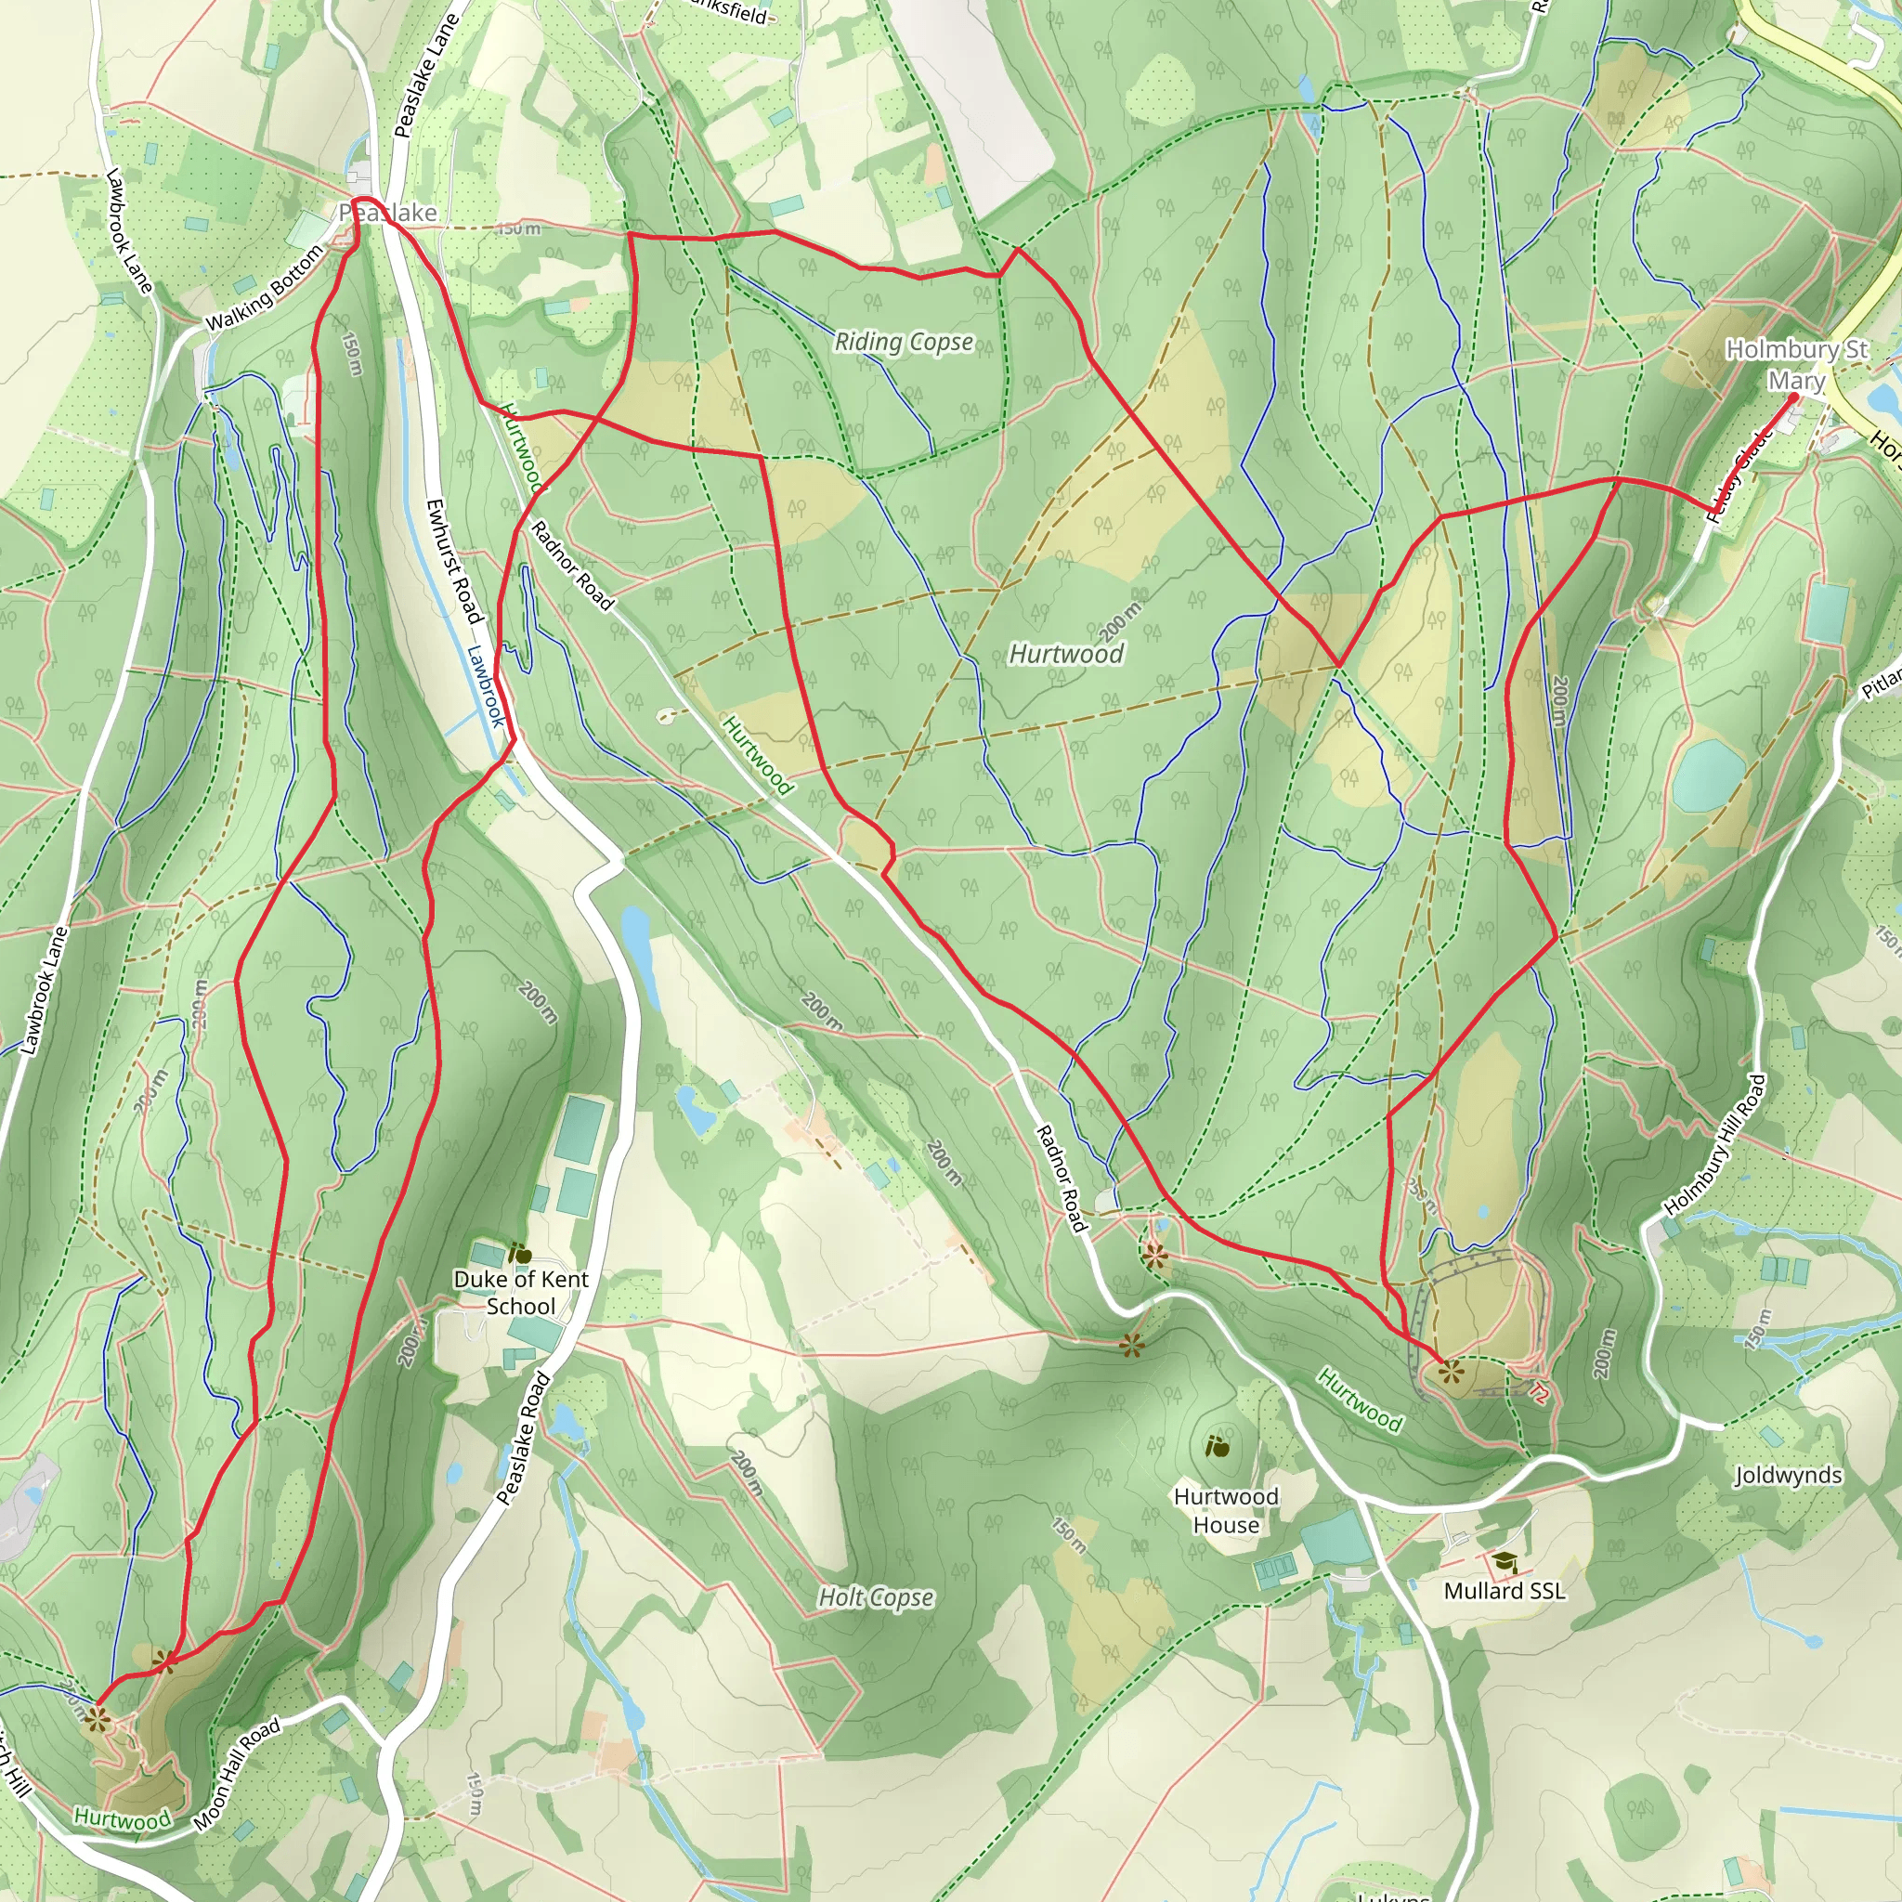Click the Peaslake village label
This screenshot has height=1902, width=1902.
(x=388, y=213)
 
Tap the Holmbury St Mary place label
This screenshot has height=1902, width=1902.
(x=1796, y=364)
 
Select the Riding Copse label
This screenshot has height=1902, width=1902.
(x=904, y=342)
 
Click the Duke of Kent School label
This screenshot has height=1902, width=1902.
(x=521, y=1293)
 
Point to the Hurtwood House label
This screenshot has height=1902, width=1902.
(x=1226, y=1510)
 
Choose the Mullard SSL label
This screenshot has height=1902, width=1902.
(x=1504, y=1591)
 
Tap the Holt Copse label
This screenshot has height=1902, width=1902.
(x=876, y=1596)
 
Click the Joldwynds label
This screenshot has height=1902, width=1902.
(x=1787, y=1475)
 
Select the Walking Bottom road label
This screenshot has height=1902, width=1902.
(x=264, y=288)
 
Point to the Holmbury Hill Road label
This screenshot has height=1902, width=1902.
(x=1715, y=1145)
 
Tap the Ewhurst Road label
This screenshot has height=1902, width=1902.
(x=454, y=561)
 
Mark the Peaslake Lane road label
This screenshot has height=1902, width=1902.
(x=425, y=75)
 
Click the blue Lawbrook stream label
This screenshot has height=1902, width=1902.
(x=486, y=685)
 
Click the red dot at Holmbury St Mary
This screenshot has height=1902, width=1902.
(x=1792, y=397)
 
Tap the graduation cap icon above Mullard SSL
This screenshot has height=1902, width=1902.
(x=1504, y=1561)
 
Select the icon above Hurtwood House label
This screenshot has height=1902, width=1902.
(x=1217, y=1446)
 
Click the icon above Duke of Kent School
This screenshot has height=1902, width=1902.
(x=520, y=1254)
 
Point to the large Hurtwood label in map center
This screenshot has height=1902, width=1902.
(x=1066, y=654)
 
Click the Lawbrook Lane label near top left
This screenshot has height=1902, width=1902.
(x=129, y=232)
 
